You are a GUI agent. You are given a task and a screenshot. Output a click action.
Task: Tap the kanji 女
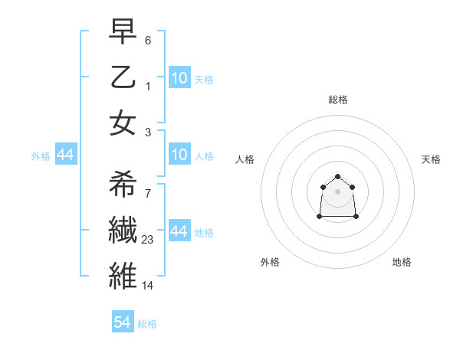[123, 123]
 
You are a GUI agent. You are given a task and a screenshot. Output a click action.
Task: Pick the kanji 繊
[123, 229]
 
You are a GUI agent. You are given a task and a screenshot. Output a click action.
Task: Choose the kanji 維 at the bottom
[123, 274]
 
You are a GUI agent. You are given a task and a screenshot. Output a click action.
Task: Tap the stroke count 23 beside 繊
[149, 239]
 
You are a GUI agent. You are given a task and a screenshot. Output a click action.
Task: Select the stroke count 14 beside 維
[149, 285]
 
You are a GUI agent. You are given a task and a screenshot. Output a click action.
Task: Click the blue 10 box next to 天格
[179, 78]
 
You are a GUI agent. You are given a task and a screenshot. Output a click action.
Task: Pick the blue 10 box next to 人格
[179, 155]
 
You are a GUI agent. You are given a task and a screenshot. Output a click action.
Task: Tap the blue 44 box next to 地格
[179, 231]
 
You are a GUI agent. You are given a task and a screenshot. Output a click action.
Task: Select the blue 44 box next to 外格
[66, 155]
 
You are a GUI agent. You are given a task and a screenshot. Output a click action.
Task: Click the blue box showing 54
[123, 322]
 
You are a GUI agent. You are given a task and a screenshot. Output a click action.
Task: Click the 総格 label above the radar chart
[338, 100]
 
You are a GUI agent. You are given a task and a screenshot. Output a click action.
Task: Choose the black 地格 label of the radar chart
[402, 262]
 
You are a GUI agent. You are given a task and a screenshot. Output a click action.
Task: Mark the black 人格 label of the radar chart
[245, 159]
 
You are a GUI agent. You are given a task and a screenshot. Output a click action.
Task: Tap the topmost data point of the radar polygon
[338, 176]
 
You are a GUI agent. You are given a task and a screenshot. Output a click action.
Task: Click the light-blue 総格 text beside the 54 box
[147, 324]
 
